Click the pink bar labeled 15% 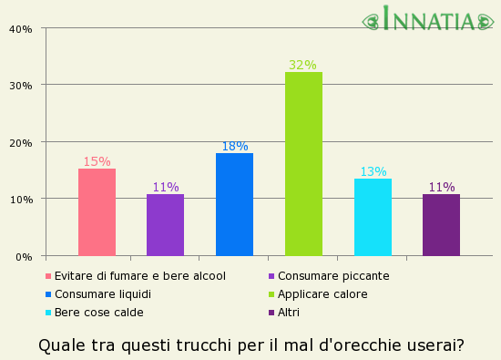[97, 212]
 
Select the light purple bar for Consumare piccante [165, 225]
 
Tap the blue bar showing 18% [234, 204]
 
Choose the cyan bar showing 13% [373, 217]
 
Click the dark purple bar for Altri [441, 225]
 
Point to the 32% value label [302, 65]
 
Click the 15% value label [97, 161]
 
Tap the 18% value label [234, 146]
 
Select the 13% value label [373, 171]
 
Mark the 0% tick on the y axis [24, 256]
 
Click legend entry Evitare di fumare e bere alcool [139, 276]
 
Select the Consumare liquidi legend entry [102, 294]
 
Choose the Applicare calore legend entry [322, 294]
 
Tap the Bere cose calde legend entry [98, 313]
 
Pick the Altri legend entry [289, 313]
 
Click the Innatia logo [428, 19]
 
